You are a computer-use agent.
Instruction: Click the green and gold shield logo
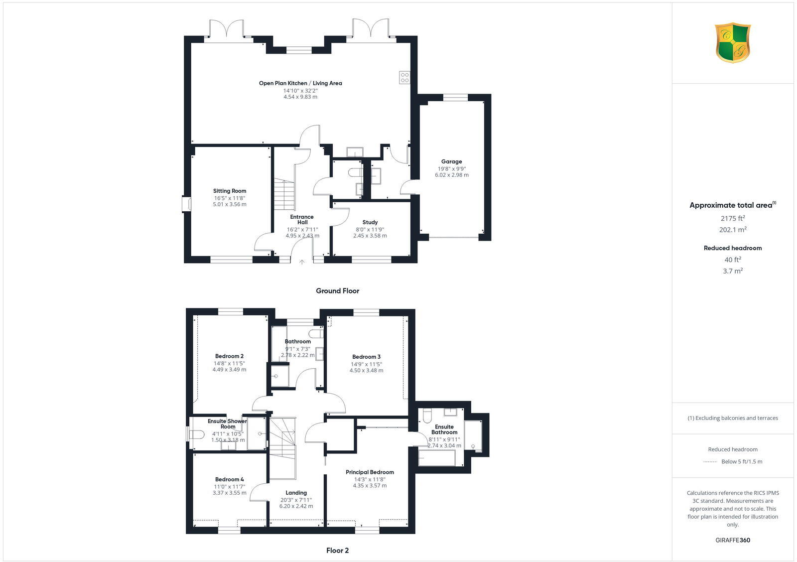733,43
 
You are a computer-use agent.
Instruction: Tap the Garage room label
451,161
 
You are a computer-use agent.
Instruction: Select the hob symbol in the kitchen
404,77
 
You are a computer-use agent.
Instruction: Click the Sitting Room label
230,191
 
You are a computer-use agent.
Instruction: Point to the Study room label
370,222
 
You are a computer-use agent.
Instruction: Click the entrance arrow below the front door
302,262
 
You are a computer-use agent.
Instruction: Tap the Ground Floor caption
337,290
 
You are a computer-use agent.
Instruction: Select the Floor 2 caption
337,551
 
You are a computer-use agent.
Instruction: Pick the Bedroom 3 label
366,357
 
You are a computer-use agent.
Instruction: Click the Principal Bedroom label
370,472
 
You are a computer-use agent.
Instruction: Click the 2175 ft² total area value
733,218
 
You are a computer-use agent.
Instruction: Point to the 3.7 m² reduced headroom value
733,271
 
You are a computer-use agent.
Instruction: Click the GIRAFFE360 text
733,540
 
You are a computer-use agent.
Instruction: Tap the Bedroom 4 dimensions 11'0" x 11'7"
230,486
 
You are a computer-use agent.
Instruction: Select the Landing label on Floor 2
296,493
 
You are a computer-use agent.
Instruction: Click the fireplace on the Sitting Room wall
186,205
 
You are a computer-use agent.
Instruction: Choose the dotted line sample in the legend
710,462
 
